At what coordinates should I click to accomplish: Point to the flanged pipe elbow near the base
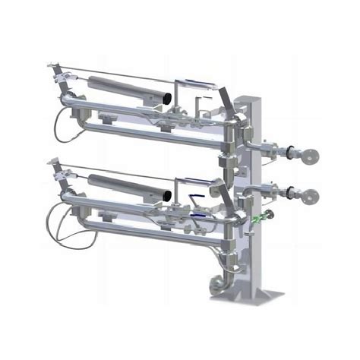215,284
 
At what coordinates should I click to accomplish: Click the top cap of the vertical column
249,98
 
